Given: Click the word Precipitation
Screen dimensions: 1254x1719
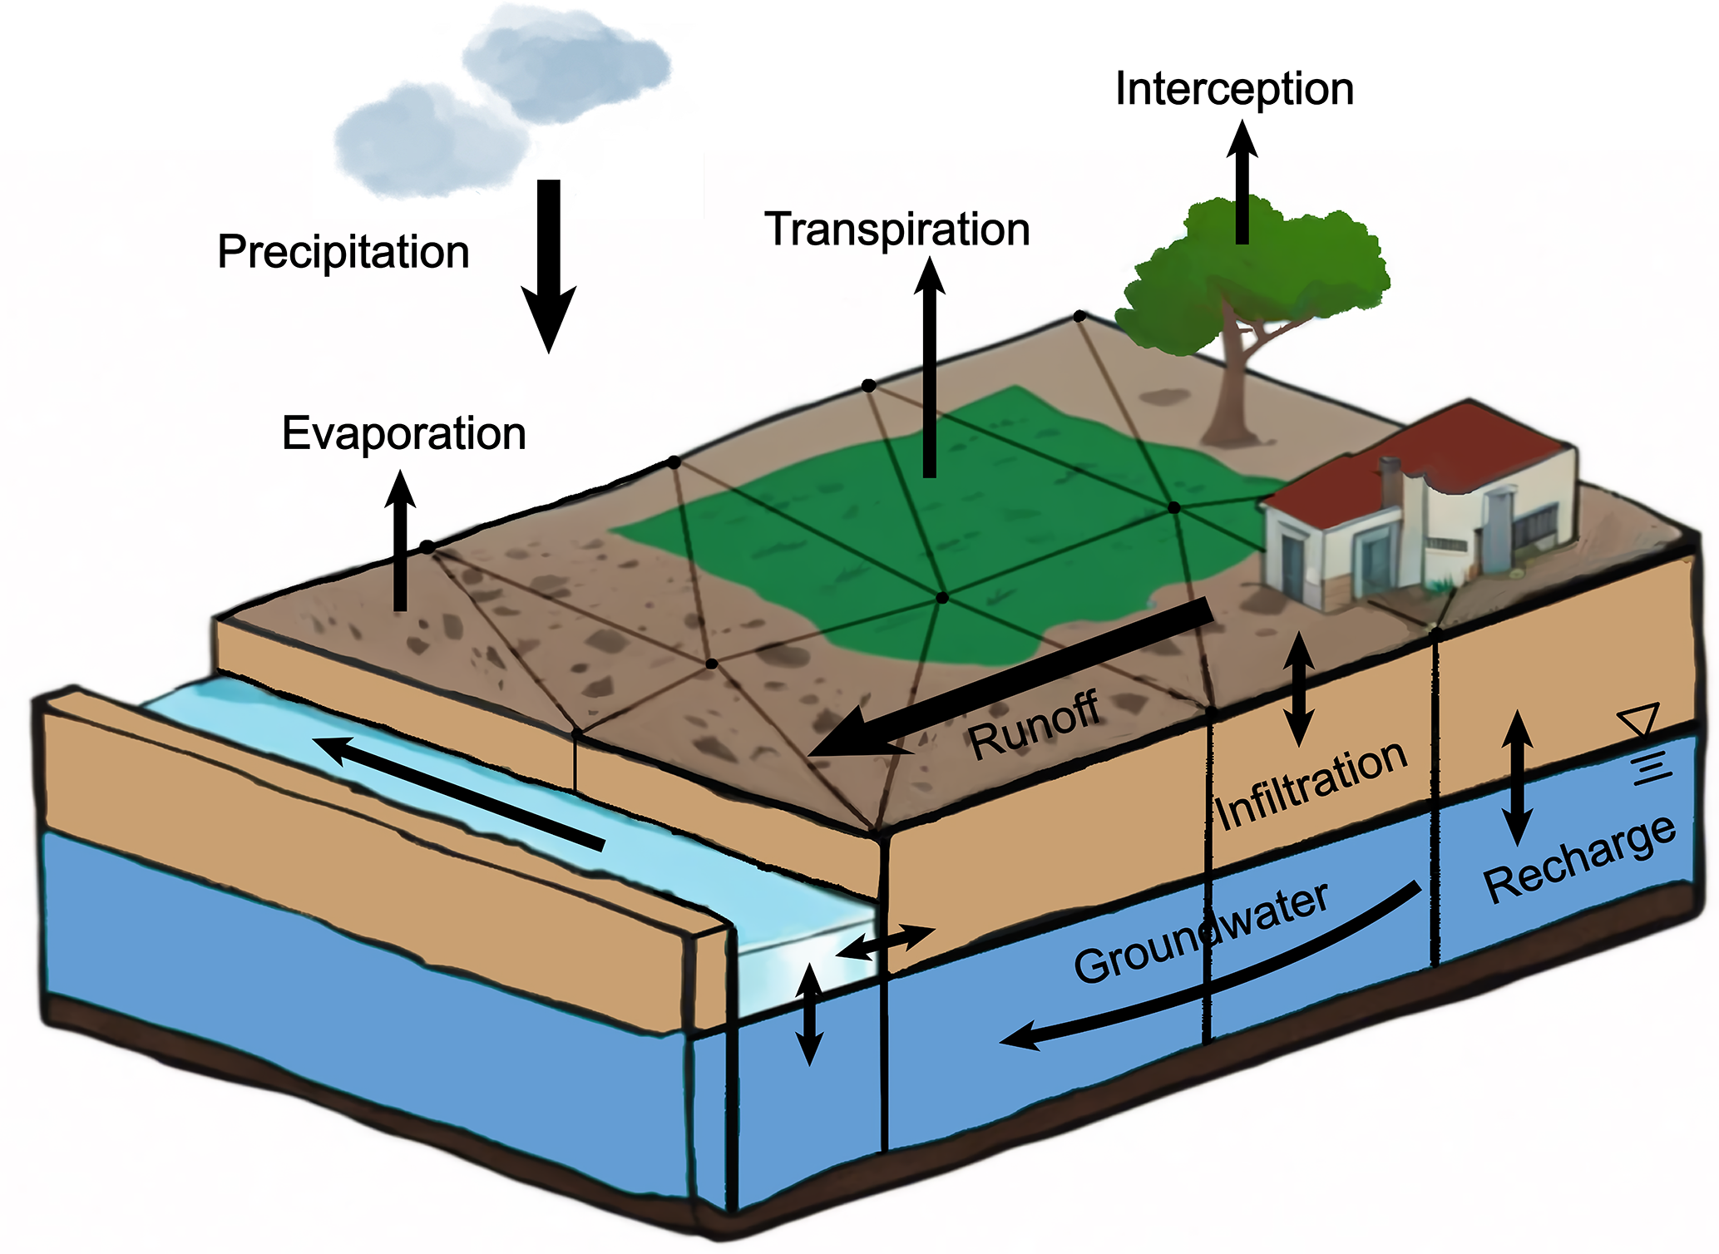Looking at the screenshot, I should [343, 252].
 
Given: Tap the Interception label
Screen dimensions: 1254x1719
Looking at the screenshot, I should [1234, 89].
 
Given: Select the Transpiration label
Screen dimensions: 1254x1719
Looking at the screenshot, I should [897, 230].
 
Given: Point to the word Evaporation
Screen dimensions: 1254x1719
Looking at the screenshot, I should [404, 433].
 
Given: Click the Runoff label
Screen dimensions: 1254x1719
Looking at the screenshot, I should [1034, 727].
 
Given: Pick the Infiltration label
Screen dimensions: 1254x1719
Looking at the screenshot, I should [1311, 784].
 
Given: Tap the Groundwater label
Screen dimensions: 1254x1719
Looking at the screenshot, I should [1200, 933].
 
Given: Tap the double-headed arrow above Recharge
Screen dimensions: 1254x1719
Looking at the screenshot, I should [1517, 778].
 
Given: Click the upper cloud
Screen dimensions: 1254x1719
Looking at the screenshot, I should [566, 62].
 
